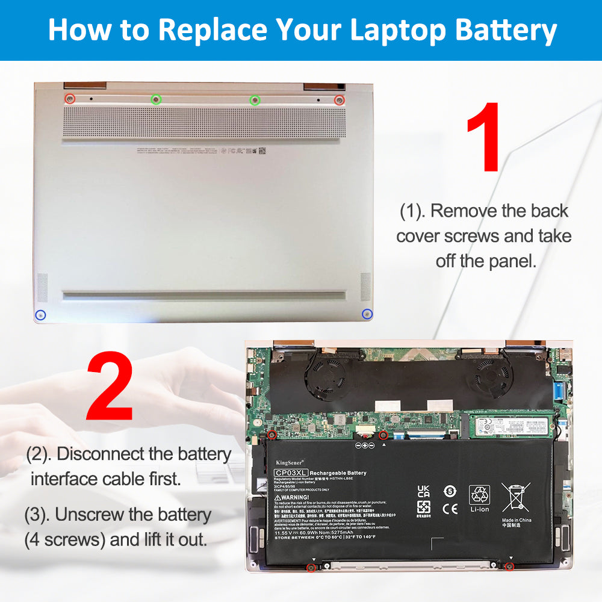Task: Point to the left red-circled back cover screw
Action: [x=70, y=99]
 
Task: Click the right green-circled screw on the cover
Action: [x=255, y=99]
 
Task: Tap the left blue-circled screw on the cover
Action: [x=41, y=314]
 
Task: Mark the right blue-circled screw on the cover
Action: [x=367, y=314]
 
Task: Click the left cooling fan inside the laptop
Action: [x=324, y=376]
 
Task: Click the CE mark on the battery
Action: [x=450, y=509]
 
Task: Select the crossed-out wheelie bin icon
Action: [x=515, y=497]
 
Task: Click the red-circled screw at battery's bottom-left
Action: [x=311, y=568]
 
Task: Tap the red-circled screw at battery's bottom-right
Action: [x=509, y=566]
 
